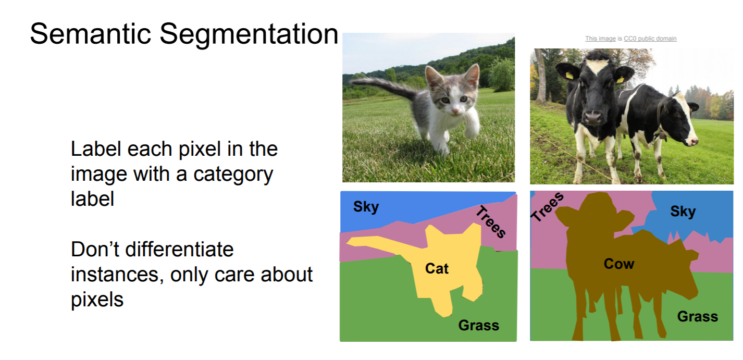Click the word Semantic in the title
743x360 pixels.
click(91, 34)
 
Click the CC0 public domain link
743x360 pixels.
click(650, 39)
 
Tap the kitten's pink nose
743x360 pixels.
click(455, 110)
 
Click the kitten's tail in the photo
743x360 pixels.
click(385, 85)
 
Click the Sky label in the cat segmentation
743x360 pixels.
click(366, 207)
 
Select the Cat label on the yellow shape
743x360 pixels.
click(437, 268)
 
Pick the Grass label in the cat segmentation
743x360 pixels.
click(479, 325)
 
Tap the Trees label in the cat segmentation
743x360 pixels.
click(491, 221)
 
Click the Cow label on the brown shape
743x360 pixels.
click(619, 264)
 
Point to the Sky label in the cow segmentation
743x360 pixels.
click(683, 212)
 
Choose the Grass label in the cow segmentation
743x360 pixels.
click(698, 317)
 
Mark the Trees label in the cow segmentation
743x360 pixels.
click(547, 207)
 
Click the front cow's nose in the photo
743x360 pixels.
click(593, 117)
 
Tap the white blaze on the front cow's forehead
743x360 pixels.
click(596, 65)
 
